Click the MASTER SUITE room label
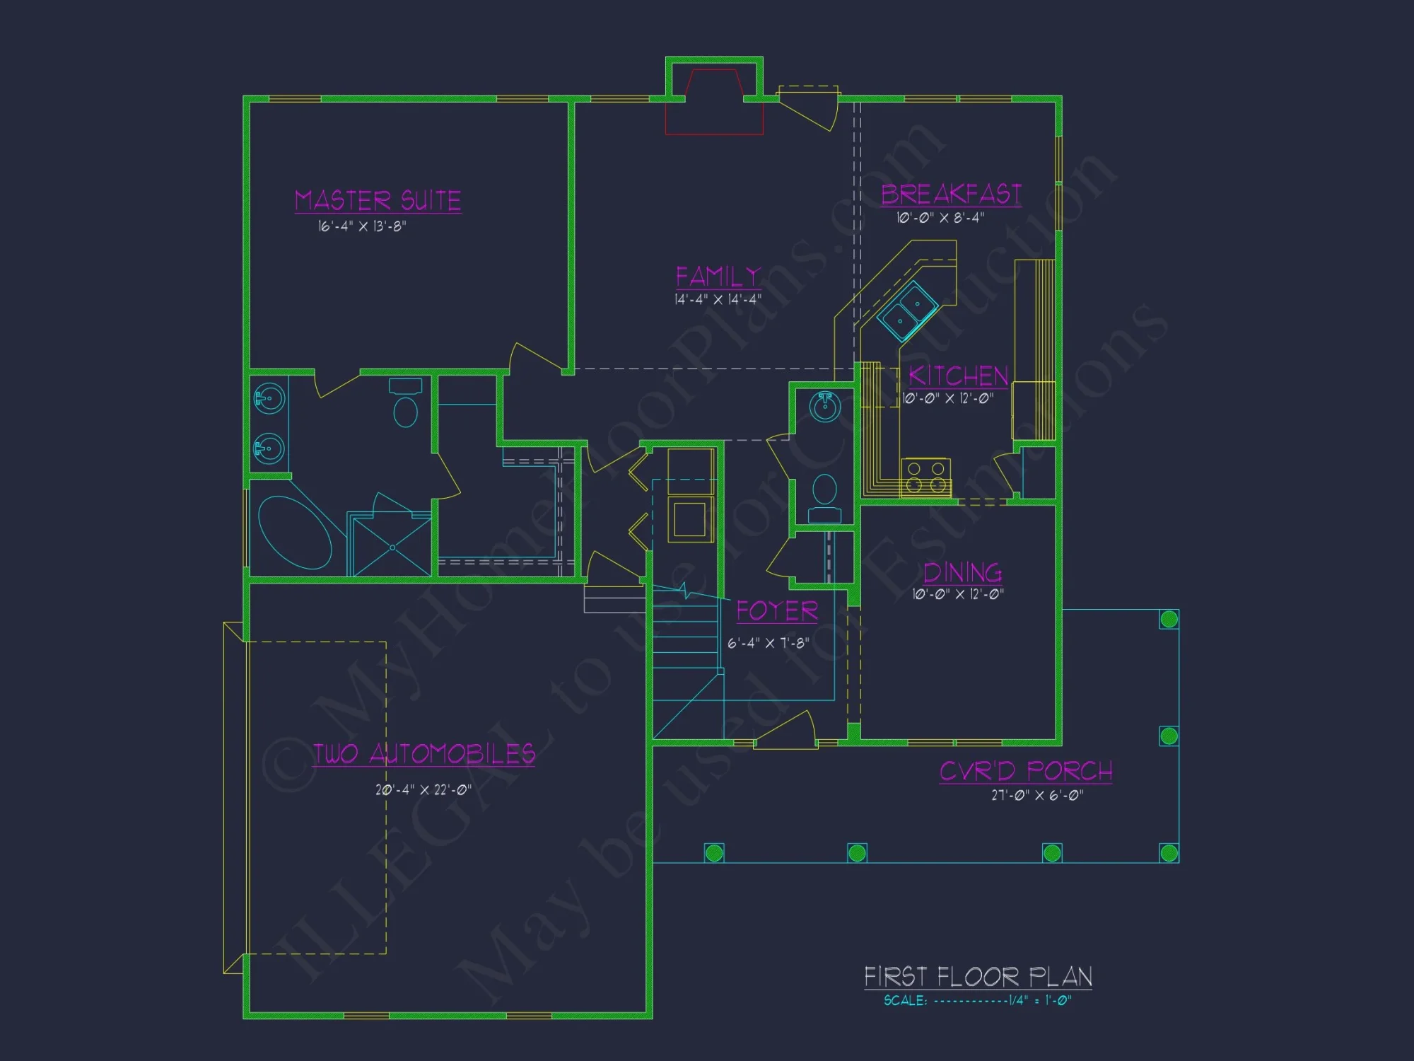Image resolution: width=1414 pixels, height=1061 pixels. (378, 201)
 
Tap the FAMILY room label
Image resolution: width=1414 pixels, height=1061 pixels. (718, 277)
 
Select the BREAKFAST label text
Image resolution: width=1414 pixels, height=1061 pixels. (951, 194)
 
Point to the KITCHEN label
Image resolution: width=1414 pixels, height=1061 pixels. (958, 376)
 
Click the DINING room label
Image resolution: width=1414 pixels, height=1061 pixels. (962, 572)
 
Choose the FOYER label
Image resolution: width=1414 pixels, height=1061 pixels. (777, 611)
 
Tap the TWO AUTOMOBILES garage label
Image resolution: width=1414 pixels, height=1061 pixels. (423, 754)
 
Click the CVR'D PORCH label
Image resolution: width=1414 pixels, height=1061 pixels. (1026, 771)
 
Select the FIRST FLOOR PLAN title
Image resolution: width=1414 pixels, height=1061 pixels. (978, 977)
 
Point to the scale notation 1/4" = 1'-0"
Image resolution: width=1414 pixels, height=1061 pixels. (1039, 1000)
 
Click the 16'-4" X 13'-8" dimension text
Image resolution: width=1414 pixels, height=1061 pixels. (362, 226)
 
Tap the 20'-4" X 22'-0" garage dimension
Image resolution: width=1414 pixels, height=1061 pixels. (423, 789)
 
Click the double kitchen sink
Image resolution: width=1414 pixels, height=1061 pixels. (908, 311)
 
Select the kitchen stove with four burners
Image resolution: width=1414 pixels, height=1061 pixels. (926, 477)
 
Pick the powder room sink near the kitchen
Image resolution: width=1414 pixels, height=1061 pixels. (824, 407)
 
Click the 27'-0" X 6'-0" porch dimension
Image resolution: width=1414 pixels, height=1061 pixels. (1036, 795)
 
